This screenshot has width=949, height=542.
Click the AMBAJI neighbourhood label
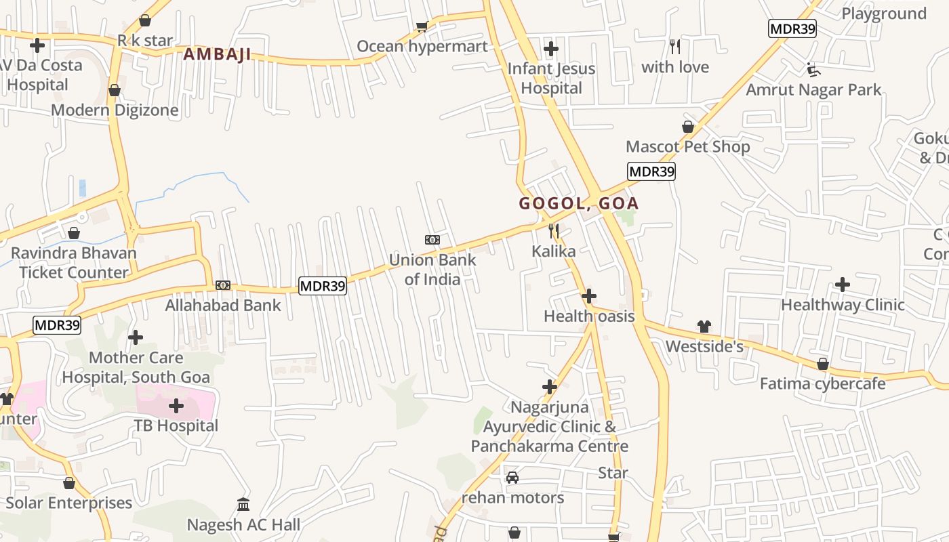coord(217,55)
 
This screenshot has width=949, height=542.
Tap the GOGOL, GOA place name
coord(579,203)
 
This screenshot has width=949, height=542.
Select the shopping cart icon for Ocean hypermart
coord(422,27)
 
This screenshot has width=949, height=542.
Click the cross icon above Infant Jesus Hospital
coord(551,49)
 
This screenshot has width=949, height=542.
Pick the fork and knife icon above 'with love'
coord(674,47)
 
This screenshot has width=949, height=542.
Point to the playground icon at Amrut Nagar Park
coord(813,70)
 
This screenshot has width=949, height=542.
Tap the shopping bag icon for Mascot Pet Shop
coord(688,127)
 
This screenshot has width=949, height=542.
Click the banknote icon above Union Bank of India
coord(432,240)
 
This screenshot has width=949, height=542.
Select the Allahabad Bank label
coord(223,305)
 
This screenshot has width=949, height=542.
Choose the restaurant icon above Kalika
coord(554,231)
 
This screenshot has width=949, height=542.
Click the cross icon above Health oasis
coord(589,296)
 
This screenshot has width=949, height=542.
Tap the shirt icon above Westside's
coord(704,327)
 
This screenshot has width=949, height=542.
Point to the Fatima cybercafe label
coord(822,383)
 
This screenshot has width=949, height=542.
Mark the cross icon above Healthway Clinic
coord(843,285)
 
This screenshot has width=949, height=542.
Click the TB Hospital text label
coord(176,425)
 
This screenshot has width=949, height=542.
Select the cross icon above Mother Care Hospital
coord(136,337)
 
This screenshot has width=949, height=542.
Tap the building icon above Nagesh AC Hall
coord(243,505)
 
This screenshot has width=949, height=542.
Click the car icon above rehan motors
coord(512,478)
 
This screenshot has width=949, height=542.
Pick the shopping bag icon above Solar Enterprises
coord(68,483)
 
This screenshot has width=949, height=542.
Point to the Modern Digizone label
coord(115,110)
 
